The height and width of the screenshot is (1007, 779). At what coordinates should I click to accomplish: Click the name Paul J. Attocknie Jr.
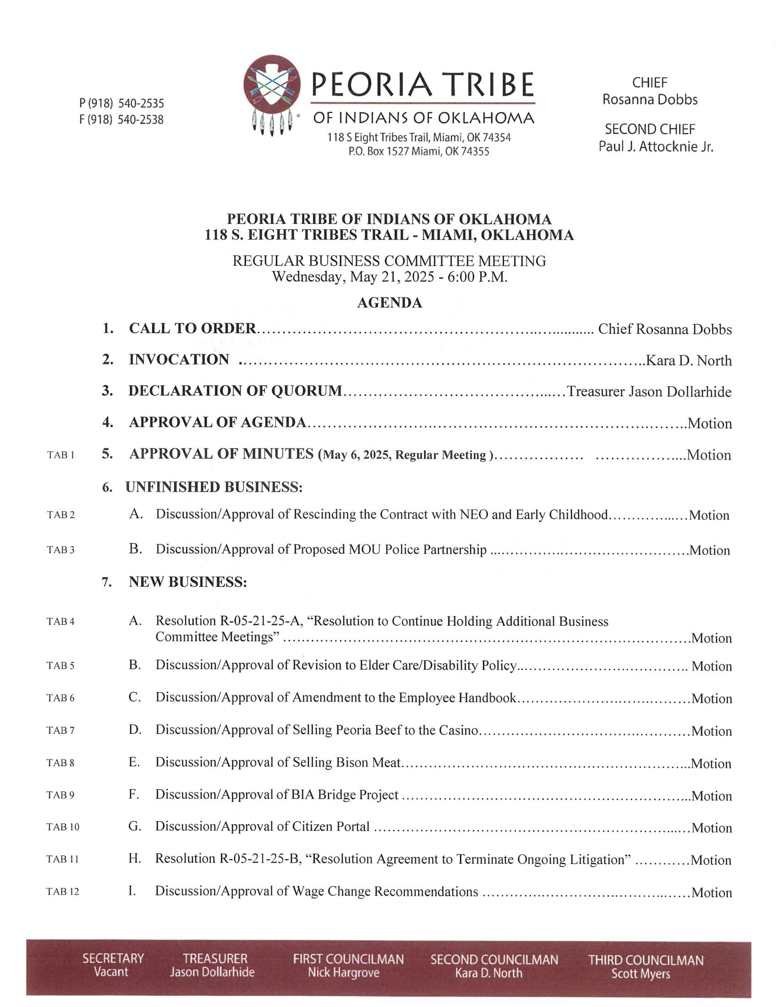click(655, 146)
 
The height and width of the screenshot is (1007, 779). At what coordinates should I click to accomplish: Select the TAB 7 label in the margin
click(60, 730)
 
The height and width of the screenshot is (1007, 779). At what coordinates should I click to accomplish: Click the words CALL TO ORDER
click(192, 328)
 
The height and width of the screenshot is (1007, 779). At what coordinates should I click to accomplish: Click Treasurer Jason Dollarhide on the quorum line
click(649, 392)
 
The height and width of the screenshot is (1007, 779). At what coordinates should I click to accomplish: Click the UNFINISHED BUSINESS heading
click(214, 487)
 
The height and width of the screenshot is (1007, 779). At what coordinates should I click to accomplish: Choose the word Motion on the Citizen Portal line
click(711, 828)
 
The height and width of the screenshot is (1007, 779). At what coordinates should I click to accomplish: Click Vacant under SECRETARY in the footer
click(111, 972)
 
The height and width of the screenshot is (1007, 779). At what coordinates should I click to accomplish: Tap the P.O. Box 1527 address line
click(419, 151)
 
